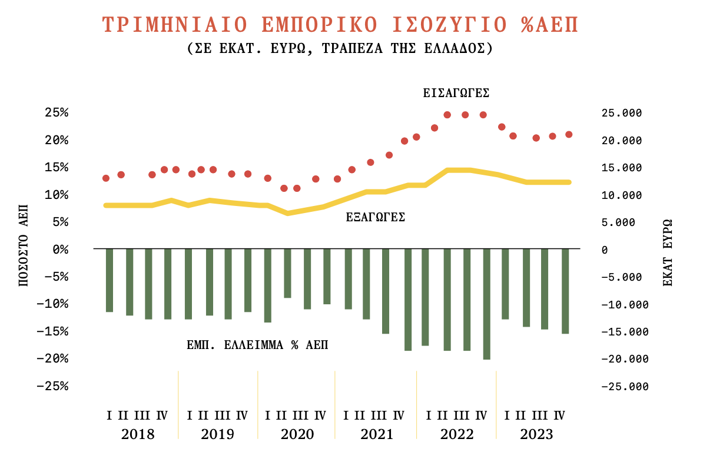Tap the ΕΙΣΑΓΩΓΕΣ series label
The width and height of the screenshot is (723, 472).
(456, 93)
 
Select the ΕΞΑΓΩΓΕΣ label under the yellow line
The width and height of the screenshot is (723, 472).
(376, 217)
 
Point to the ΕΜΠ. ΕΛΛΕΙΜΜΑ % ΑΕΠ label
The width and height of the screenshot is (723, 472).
(257, 345)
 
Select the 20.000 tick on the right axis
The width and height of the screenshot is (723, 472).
(623, 141)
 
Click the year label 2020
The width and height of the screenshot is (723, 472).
(297, 435)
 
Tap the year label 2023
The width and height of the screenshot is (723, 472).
(536, 435)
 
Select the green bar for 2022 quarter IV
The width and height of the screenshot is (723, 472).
(487, 303)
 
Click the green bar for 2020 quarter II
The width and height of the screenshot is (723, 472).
(287, 273)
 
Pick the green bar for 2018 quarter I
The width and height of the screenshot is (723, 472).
(109, 280)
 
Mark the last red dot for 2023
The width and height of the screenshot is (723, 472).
(569, 135)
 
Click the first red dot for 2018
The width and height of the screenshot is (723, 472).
(106, 178)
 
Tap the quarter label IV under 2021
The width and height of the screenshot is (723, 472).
(399, 416)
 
